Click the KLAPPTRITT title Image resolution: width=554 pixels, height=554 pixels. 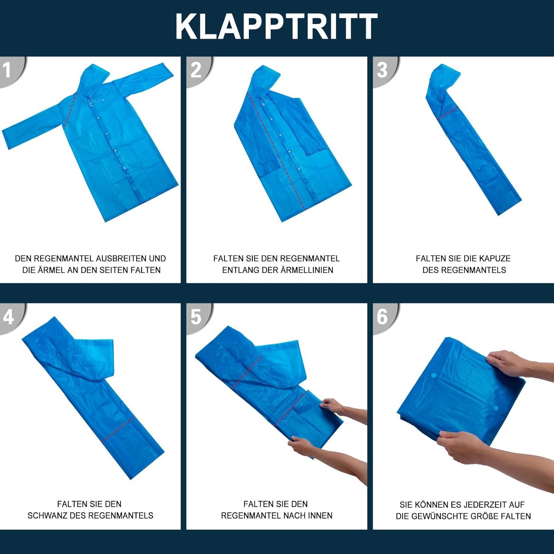[277, 26]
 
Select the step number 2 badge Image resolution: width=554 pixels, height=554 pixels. [198, 70]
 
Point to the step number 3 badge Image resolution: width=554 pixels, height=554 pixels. [384, 70]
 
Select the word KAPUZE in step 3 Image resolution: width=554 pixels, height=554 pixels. [495, 259]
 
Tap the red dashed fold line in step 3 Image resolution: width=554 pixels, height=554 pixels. [448, 113]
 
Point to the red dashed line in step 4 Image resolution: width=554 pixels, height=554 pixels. [117, 430]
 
